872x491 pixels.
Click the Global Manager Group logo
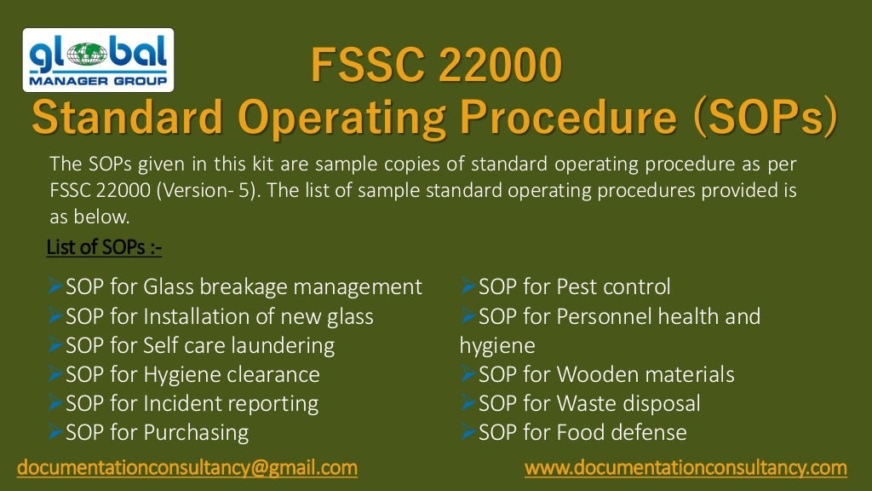(x=98, y=60)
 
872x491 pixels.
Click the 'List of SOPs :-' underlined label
(x=104, y=247)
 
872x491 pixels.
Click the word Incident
(x=181, y=403)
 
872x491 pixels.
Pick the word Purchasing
(x=197, y=432)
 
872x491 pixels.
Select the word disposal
(x=660, y=403)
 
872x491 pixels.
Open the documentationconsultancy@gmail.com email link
(x=187, y=468)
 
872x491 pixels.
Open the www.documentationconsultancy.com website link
(x=686, y=468)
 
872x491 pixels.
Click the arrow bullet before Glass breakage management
(x=56, y=286)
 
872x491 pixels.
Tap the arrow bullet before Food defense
(x=468, y=432)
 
